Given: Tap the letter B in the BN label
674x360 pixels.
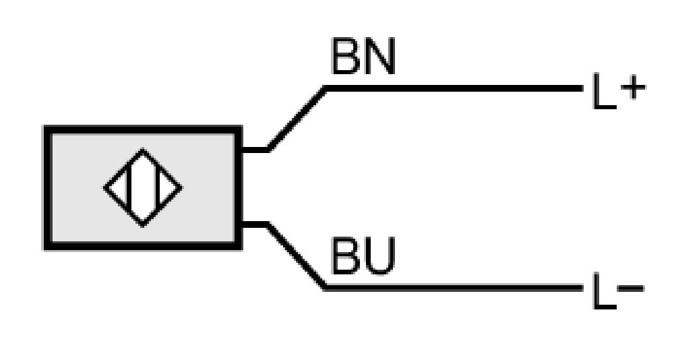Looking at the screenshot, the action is click(x=346, y=56).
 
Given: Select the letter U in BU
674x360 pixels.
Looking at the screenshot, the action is click(x=379, y=256).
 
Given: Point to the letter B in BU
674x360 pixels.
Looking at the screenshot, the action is click(x=346, y=256).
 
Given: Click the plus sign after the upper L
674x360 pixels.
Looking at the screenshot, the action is click(x=633, y=88).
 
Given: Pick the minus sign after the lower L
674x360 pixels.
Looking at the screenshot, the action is click(x=631, y=287).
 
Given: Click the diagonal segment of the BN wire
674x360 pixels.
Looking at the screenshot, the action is click(x=297, y=119).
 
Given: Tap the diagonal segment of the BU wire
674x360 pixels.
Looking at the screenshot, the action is click(x=296, y=256).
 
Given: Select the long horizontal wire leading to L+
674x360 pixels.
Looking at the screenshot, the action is click(x=454, y=88).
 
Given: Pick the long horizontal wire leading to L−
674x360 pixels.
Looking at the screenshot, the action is click(x=454, y=287).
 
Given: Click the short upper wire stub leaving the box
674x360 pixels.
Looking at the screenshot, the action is click(x=255, y=150).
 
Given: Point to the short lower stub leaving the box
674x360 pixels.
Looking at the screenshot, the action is click(x=255, y=224).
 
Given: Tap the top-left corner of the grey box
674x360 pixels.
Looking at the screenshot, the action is click(x=44, y=127).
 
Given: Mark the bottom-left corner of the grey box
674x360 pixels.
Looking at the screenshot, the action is click(x=44, y=249).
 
